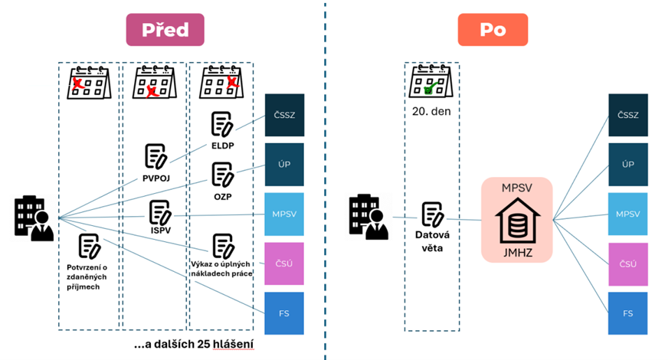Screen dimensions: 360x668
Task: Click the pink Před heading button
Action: tap(165, 29)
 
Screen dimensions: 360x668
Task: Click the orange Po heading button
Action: tap(493, 30)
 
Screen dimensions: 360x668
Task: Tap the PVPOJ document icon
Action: tap(156, 155)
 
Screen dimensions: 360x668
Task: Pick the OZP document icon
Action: tap(223, 174)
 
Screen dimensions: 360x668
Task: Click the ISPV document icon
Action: tap(160, 212)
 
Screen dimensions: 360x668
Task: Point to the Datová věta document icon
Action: tap(432, 214)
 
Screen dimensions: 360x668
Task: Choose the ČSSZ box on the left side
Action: tap(284, 115)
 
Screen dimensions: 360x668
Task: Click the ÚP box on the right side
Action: tap(627, 165)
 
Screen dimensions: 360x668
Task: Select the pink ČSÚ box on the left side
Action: tap(284, 263)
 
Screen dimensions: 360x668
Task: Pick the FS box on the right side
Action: tap(627, 313)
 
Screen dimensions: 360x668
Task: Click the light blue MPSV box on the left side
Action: tap(284, 214)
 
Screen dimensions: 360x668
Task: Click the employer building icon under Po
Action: tap(368, 218)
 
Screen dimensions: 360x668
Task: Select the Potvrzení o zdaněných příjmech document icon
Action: tap(90, 245)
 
